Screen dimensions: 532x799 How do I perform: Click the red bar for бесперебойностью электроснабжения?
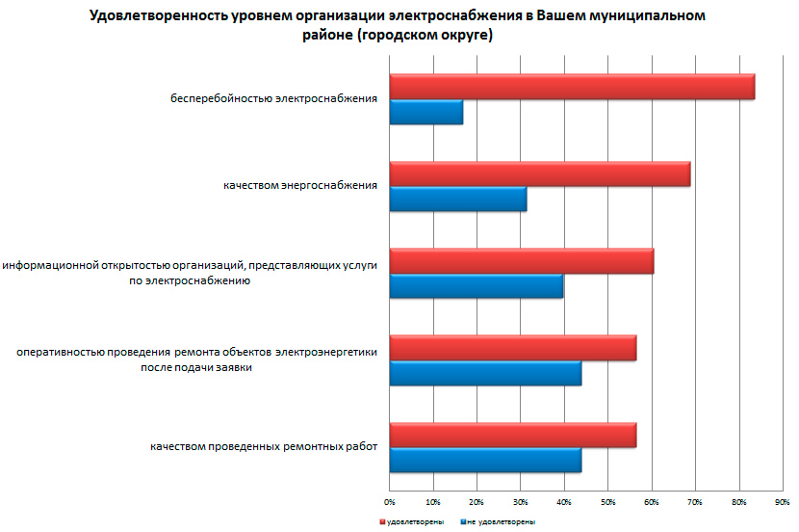click(572, 87)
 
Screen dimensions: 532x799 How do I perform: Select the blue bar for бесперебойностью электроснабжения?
click(426, 113)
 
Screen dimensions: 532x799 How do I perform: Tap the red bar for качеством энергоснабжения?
click(540, 173)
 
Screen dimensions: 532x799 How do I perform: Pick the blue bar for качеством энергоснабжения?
click(458, 199)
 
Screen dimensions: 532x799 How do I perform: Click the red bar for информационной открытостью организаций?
click(522, 260)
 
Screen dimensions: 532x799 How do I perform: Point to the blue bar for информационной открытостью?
click(477, 286)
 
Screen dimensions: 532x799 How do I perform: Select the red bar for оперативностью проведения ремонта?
click(513, 348)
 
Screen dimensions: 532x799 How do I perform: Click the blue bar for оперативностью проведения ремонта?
click(485, 373)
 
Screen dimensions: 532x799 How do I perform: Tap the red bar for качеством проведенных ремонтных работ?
click(513, 435)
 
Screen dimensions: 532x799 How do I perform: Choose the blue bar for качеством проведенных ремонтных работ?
click(485, 460)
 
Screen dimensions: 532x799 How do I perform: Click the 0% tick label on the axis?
click(390, 502)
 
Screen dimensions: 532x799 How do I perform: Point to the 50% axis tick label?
click(607, 502)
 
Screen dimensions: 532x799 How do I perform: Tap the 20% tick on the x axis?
click(477, 502)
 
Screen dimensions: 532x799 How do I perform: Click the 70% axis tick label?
click(695, 502)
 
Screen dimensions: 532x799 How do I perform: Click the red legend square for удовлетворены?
click(381, 521)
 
